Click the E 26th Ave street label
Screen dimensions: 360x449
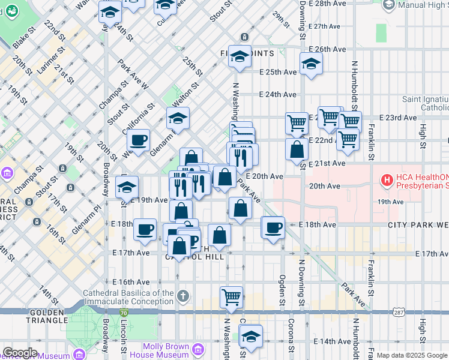[327, 49]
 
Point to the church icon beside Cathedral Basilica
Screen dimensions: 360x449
[184, 296]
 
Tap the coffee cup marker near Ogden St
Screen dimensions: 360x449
[273, 227]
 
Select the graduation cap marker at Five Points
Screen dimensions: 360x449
[240, 57]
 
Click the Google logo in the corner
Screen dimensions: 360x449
[19, 353]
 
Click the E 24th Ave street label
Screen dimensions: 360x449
[278, 95]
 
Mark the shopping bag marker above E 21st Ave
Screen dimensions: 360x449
[297, 150]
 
